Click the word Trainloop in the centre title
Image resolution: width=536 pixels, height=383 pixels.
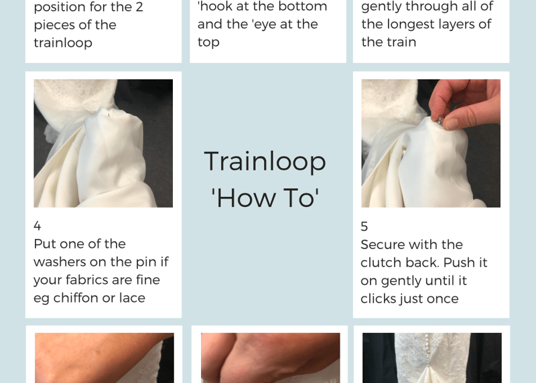coord(265,162)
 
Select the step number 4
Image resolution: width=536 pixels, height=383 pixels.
coord(38,226)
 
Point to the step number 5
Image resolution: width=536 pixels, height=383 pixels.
coord(364,226)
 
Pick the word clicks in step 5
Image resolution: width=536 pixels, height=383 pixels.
coord(377,299)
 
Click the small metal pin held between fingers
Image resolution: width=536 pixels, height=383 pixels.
coord(441,121)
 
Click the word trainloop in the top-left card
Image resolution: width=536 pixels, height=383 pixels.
coord(63,43)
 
